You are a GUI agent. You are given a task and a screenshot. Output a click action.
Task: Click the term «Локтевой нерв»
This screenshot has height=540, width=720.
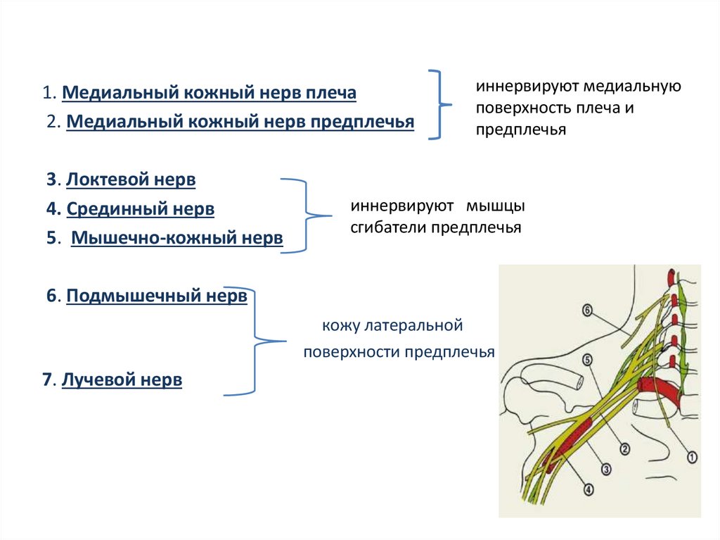[x=131, y=180]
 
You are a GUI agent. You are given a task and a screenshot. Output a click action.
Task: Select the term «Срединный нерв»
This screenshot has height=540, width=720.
[x=141, y=209]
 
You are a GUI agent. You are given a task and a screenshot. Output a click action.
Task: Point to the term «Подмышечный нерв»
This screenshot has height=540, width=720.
[x=157, y=296]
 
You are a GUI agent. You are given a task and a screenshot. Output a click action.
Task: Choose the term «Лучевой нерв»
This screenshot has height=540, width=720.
[x=122, y=381]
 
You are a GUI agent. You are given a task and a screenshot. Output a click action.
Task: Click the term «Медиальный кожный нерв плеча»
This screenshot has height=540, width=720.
[x=210, y=93]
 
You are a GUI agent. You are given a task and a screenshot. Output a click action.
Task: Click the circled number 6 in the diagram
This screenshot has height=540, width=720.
[x=588, y=309]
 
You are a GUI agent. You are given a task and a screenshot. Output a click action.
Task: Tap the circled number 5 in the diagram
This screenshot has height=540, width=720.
[x=586, y=360]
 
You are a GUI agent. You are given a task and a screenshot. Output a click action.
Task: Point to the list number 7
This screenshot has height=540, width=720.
[x=46, y=381]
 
